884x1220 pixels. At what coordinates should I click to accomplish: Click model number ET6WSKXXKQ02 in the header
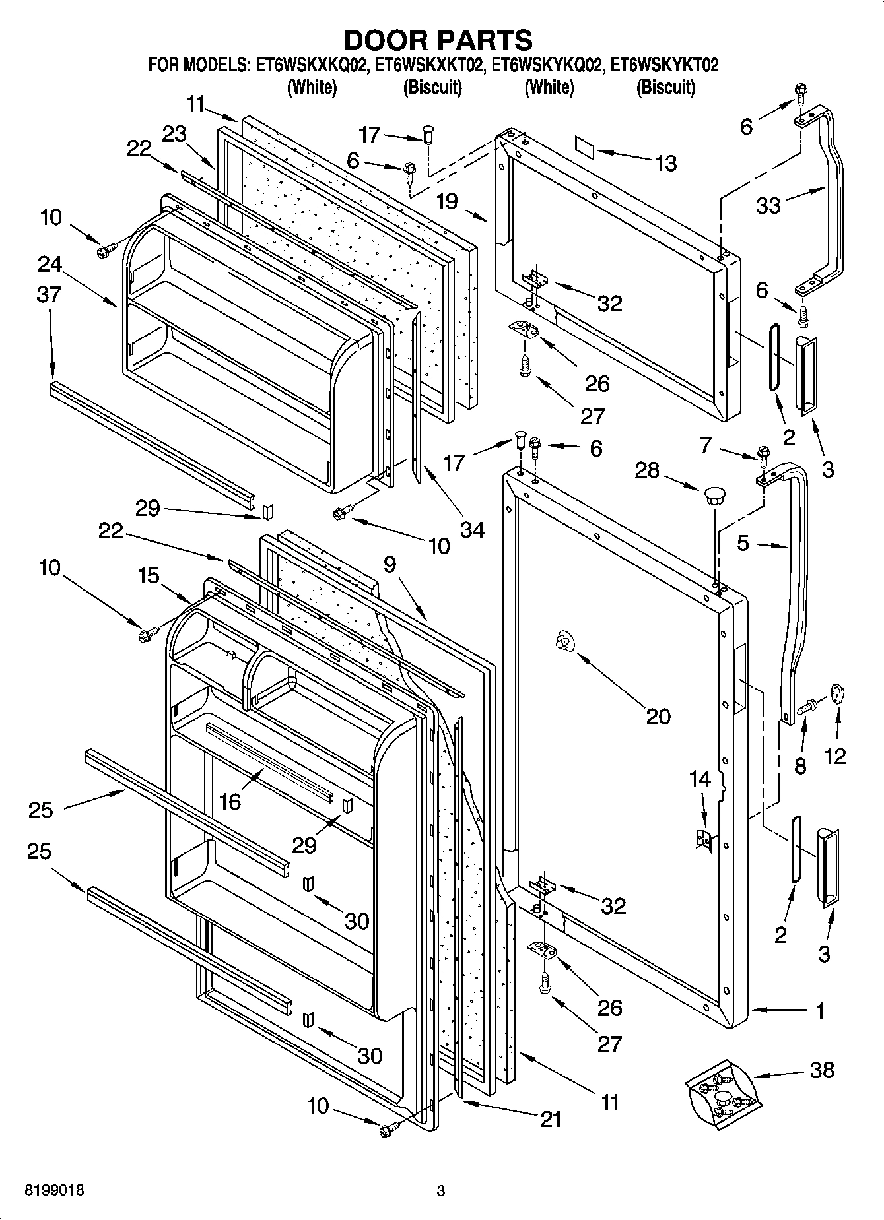click(x=311, y=65)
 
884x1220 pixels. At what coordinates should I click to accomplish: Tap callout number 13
click(x=666, y=163)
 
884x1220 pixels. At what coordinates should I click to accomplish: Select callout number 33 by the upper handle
click(x=768, y=205)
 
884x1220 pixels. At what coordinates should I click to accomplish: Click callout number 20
click(x=658, y=716)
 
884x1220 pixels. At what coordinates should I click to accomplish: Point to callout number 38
click(x=822, y=1070)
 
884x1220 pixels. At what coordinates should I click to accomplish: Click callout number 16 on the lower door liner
click(x=230, y=801)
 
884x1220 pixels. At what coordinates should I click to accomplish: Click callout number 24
click(x=50, y=264)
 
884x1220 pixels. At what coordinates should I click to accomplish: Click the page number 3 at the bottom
click(x=441, y=1190)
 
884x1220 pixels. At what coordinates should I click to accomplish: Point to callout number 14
click(x=700, y=779)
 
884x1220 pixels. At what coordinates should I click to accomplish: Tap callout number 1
click(x=819, y=1010)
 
